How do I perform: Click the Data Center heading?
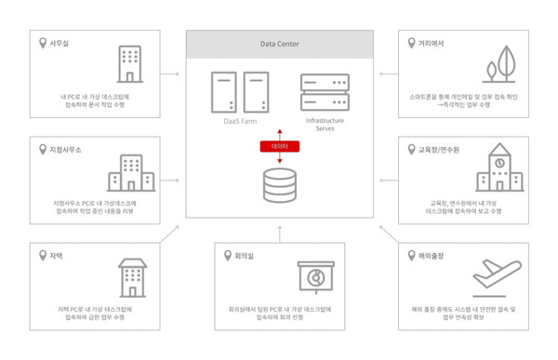click(279, 43)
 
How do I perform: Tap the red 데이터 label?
click(279, 146)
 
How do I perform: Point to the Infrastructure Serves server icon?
click(325, 93)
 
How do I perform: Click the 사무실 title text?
click(60, 43)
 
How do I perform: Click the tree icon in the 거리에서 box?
click(503, 63)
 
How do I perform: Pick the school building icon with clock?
click(499, 169)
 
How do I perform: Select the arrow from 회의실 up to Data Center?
click(279, 232)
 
